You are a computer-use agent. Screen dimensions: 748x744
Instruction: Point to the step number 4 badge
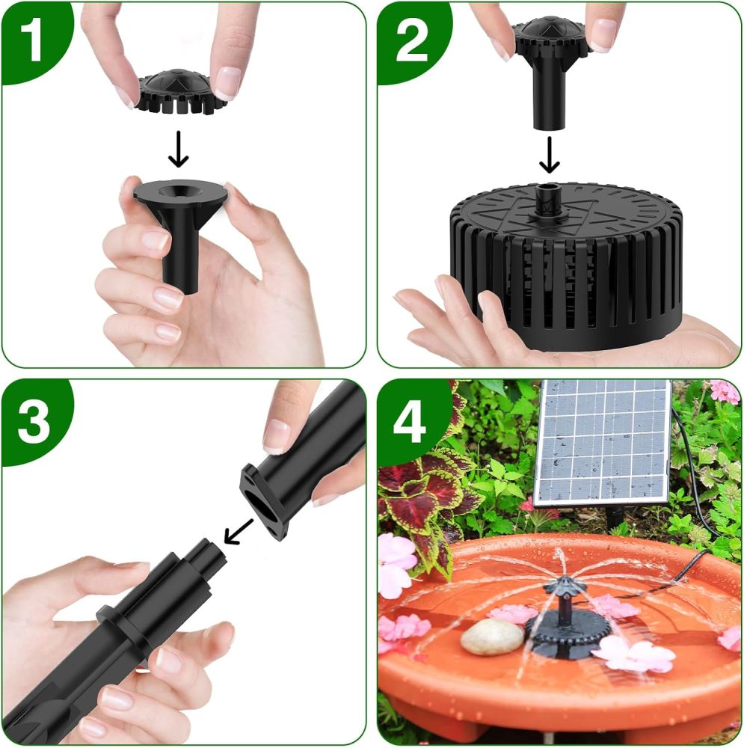(411, 423)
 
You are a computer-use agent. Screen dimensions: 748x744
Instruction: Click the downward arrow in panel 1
(178, 150)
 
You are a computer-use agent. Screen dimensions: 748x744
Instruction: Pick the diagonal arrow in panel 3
(239, 530)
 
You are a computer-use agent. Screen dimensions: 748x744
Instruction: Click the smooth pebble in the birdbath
(491, 637)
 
